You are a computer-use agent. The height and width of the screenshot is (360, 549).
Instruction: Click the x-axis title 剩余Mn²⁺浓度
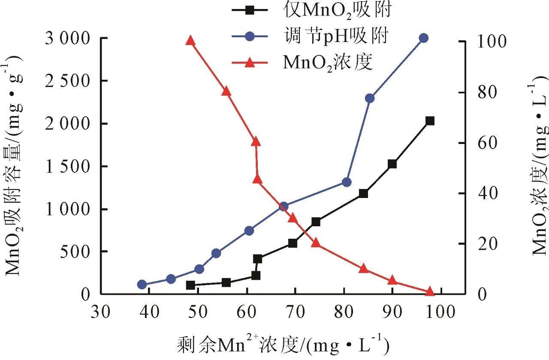coord(283,344)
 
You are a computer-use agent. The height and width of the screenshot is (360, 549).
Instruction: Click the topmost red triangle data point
coord(190,41)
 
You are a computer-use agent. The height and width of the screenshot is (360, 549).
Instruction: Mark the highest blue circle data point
coord(424,38)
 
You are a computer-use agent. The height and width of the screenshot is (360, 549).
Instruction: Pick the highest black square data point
coord(430,121)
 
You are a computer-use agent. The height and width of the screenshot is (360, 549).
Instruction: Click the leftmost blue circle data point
coord(142,285)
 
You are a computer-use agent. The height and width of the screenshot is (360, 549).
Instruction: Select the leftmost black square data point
coord(191,285)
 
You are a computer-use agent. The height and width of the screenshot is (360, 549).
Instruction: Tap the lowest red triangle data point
coord(430,292)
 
